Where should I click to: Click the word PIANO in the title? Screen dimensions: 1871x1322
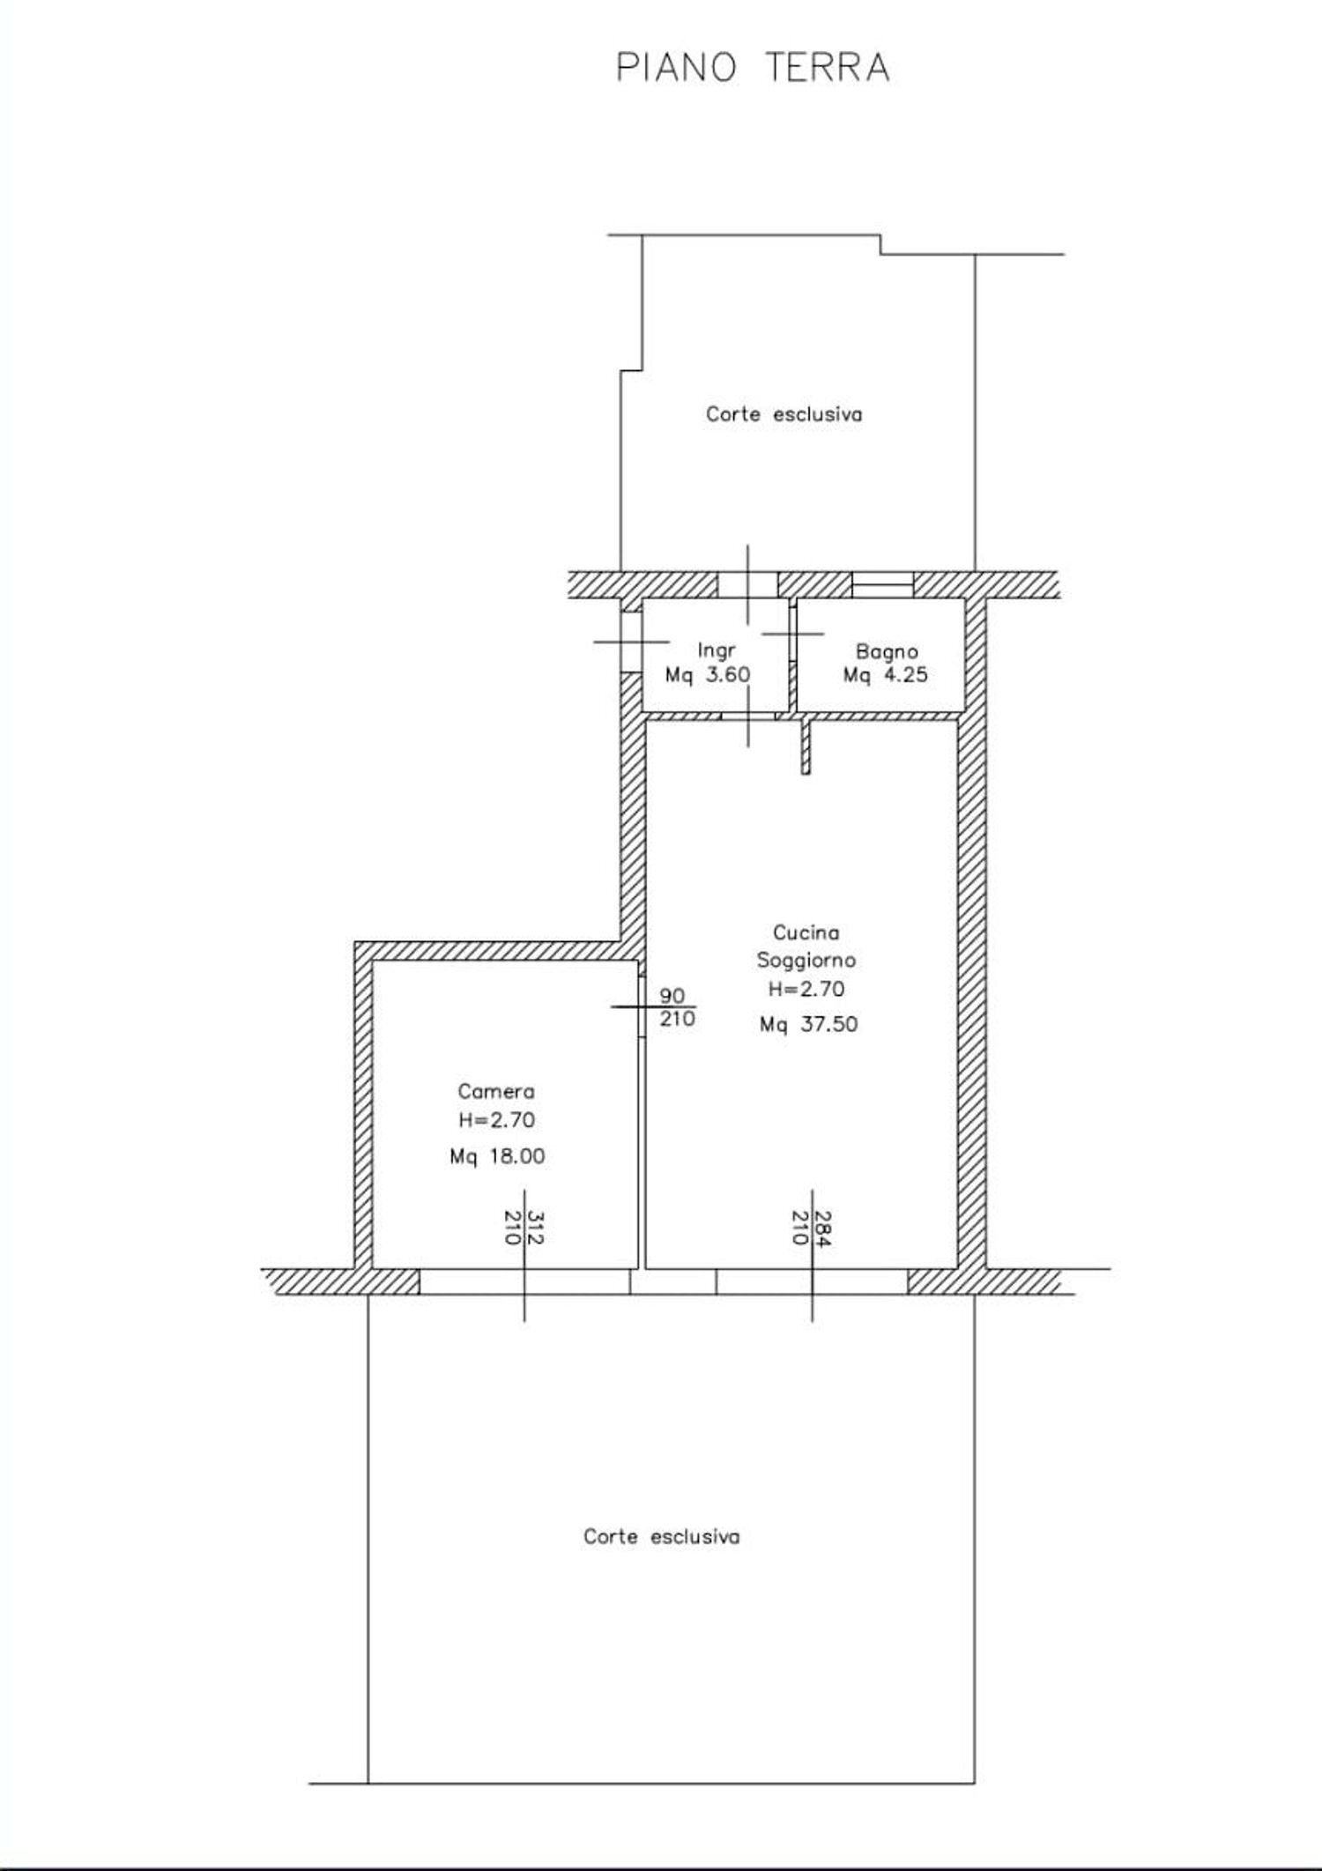[x=675, y=68]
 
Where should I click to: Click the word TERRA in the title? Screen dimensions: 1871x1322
[x=827, y=68]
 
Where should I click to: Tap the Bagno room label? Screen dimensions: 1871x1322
[x=887, y=651]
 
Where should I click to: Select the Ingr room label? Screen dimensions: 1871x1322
[x=716, y=650]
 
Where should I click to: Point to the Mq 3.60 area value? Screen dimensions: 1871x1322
[x=708, y=675]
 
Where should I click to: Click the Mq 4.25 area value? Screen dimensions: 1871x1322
[x=885, y=675]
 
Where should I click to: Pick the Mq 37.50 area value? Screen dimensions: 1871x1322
[x=808, y=1024]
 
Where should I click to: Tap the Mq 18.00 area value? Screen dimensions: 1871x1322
[x=497, y=1156]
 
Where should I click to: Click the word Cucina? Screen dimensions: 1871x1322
[x=806, y=932]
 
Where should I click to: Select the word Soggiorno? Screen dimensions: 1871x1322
[x=806, y=960]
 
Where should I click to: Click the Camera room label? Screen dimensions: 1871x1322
[x=496, y=1091]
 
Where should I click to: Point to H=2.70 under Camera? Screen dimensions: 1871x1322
[x=496, y=1120]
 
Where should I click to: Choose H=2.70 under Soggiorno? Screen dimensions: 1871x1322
[x=806, y=989]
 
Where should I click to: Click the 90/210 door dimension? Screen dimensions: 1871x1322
[x=676, y=1007]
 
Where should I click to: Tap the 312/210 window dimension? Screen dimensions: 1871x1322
[x=523, y=1227]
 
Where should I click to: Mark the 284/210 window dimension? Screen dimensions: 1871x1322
[x=811, y=1227]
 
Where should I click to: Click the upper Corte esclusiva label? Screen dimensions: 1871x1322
[x=784, y=414]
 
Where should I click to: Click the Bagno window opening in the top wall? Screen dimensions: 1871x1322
[x=882, y=584]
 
